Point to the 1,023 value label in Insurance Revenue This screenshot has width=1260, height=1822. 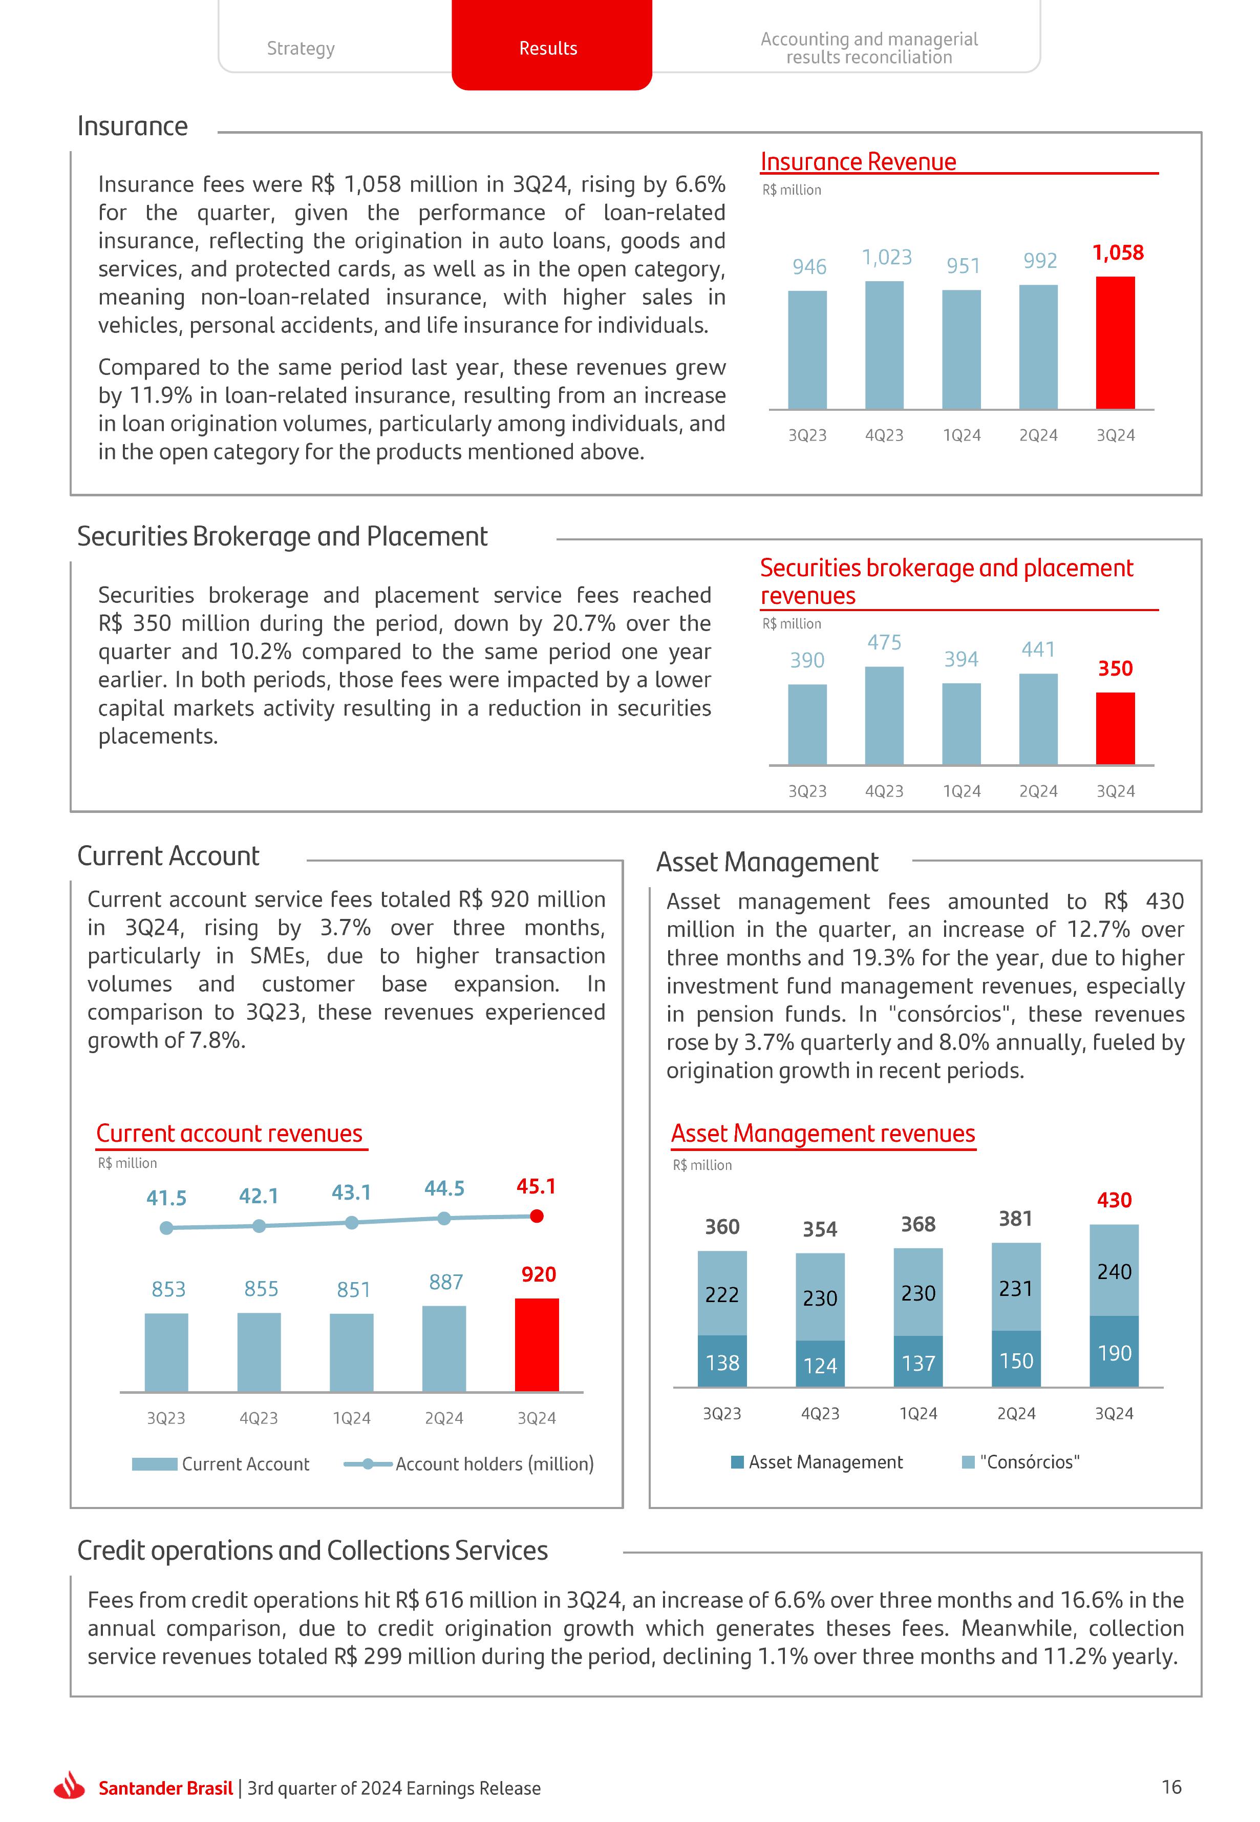[887, 258]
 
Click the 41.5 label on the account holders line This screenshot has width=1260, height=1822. [166, 1198]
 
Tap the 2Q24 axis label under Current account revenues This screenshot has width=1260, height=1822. [444, 1418]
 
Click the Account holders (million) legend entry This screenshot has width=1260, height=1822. [494, 1464]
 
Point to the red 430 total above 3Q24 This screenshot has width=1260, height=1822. [1114, 1201]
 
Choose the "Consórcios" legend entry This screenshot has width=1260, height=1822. [1028, 1462]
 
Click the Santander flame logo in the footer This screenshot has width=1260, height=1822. [70, 1787]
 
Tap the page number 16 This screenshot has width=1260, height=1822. [1171, 1787]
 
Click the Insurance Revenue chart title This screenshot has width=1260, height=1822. [858, 162]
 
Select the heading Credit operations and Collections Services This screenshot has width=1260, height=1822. [313, 1551]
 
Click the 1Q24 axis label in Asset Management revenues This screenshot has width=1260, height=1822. [918, 1414]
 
